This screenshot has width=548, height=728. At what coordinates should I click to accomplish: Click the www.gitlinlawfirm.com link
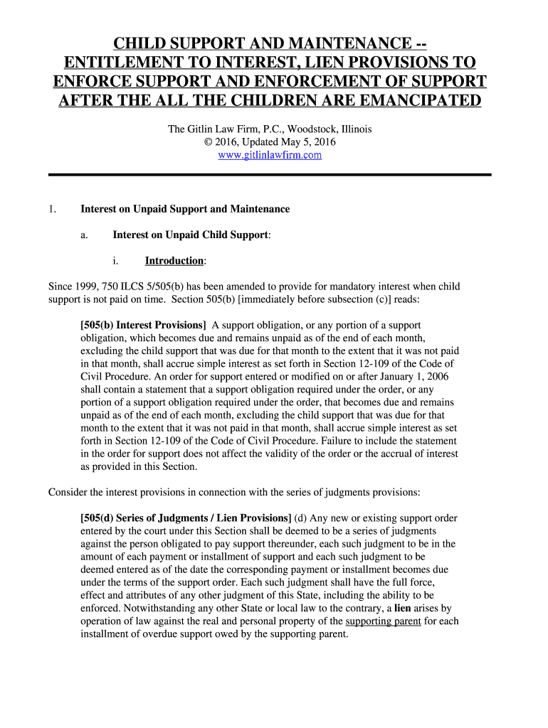click(269, 155)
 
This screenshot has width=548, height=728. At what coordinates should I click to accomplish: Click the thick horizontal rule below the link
click(269, 175)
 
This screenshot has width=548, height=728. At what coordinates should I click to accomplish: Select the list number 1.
click(52, 209)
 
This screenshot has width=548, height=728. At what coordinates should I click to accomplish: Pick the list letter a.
click(84, 235)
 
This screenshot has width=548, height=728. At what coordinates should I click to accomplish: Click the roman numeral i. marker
click(116, 260)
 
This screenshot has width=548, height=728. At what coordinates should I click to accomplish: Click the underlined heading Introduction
click(174, 260)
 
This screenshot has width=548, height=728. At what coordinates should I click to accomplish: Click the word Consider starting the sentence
click(68, 492)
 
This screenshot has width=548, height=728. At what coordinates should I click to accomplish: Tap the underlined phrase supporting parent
click(383, 621)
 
